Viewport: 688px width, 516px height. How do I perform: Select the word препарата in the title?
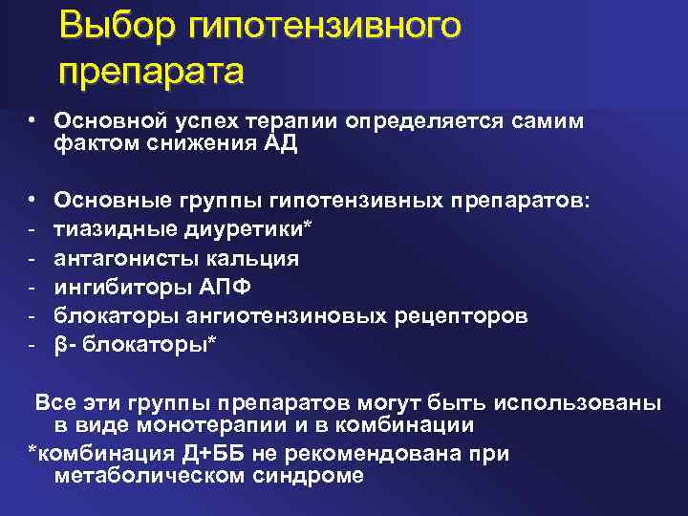tap(151, 71)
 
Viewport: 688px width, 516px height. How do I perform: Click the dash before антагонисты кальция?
tap(32, 258)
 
